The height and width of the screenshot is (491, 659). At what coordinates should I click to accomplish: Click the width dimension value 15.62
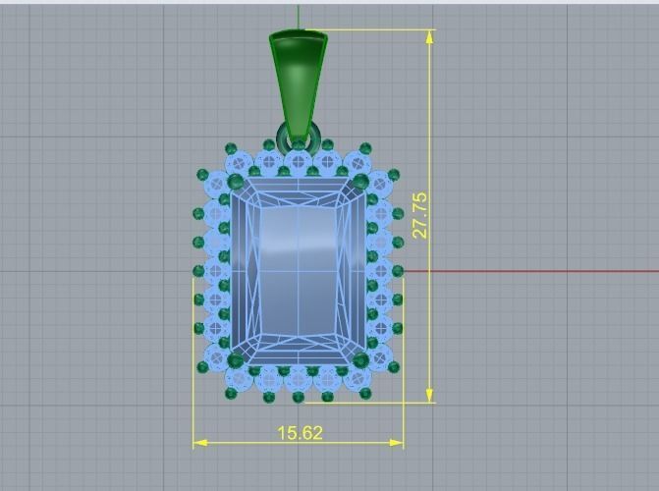pyautogui.click(x=300, y=432)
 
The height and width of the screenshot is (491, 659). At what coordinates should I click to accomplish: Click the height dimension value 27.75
pyautogui.click(x=420, y=214)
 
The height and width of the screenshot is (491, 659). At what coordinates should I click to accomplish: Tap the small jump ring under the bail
pyautogui.click(x=299, y=136)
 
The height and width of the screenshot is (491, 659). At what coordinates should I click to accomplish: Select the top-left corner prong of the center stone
pyautogui.click(x=235, y=183)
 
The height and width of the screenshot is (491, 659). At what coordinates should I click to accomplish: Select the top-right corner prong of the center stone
pyautogui.click(x=360, y=183)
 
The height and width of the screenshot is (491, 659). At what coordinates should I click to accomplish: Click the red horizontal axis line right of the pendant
pyautogui.click(x=530, y=271)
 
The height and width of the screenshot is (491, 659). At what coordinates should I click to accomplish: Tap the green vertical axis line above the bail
pyautogui.click(x=299, y=14)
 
